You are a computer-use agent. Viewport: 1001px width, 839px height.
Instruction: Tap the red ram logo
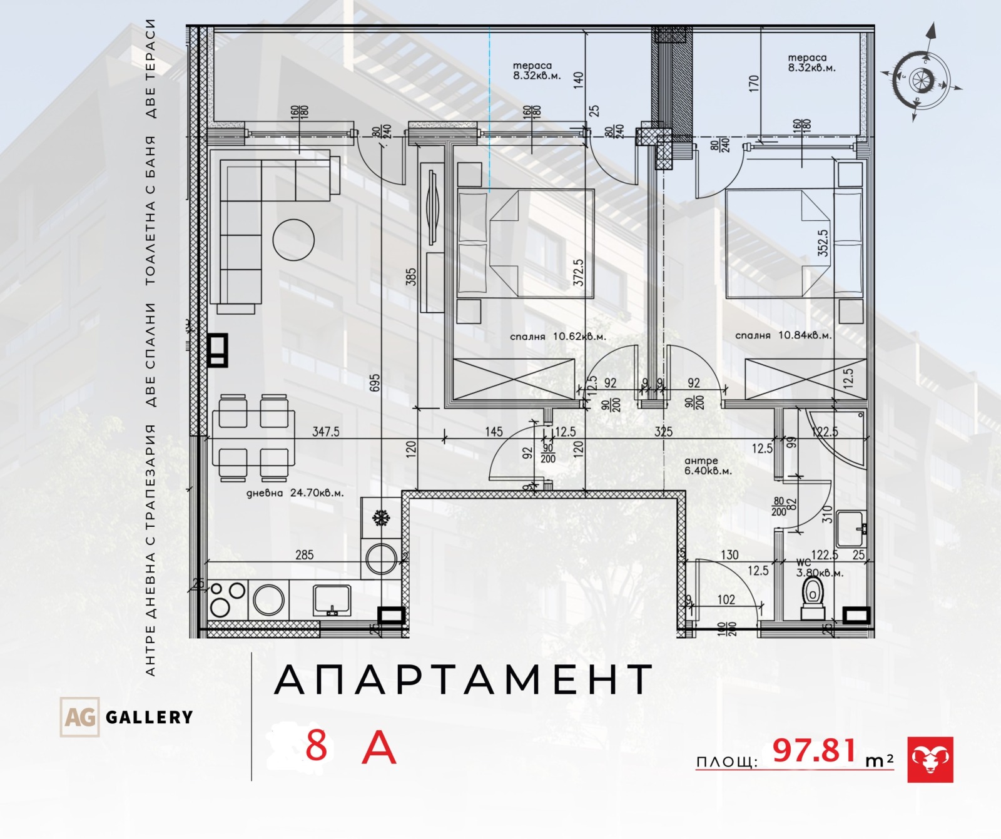(930, 760)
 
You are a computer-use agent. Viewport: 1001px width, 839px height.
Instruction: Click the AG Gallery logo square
(79, 716)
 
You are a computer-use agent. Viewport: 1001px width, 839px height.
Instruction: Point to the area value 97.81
(814, 751)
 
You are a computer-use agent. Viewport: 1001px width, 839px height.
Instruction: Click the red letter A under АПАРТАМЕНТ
(379, 748)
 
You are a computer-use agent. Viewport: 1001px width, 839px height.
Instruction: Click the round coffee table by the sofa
(293, 240)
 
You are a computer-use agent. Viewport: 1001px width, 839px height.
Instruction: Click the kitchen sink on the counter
(332, 600)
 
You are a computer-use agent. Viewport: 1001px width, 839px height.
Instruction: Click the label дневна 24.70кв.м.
(294, 493)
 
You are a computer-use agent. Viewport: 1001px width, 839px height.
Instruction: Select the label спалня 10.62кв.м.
(557, 337)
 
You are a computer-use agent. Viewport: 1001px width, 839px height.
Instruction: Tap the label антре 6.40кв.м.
(708, 466)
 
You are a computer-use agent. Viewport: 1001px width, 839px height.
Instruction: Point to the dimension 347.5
(325, 432)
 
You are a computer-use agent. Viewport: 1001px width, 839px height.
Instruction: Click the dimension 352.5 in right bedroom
(823, 243)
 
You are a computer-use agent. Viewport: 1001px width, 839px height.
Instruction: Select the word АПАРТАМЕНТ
(464, 680)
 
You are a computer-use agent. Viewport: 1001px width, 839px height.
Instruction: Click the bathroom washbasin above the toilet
(851, 529)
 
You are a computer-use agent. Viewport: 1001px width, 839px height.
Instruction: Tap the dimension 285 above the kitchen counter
(304, 555)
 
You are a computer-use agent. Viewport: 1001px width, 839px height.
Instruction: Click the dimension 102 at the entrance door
(726, 599)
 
